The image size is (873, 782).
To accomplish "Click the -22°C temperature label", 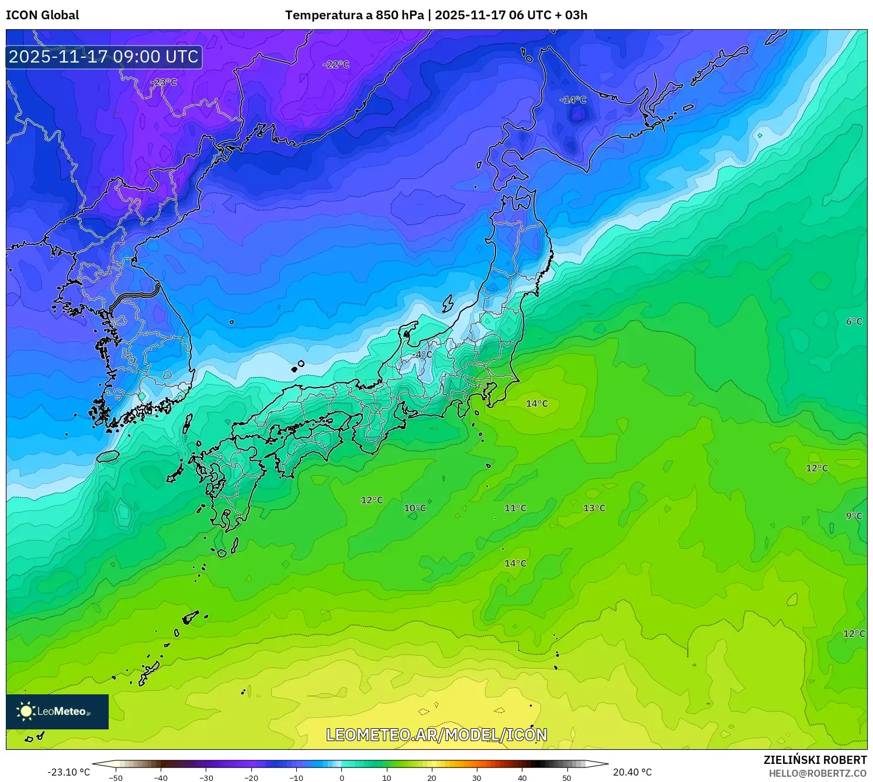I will tap(336, 64).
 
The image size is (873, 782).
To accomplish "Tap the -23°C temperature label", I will tap(164, 82).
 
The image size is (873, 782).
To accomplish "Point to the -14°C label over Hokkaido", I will tap(573, 100).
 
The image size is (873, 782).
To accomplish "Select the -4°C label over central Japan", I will tap(421, 355).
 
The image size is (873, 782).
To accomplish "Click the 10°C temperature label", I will tap(415, 508).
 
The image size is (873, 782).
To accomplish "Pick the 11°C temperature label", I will tap(515, 508).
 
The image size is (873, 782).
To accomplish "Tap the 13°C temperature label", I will tap(594, 508).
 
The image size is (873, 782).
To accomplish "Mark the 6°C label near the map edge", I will tap(854, 321).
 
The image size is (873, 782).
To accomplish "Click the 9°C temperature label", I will tap(854, 515).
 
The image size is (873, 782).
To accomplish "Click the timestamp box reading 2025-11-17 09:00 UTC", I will tap(104, 57).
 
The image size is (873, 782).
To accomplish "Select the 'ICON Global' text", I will tap(42, 15).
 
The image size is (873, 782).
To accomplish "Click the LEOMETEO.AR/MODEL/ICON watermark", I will tap(437, 735).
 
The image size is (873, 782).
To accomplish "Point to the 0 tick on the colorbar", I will tap(342, 778).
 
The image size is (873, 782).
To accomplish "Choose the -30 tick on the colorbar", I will tap(206, 778).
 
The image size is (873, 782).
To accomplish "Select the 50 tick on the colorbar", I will tap(567, 778).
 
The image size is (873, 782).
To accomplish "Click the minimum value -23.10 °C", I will tap(69, 773).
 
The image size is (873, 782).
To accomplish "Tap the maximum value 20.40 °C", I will tap(632, 773).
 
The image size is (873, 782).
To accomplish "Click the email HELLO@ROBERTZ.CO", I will tap(817, 773).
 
